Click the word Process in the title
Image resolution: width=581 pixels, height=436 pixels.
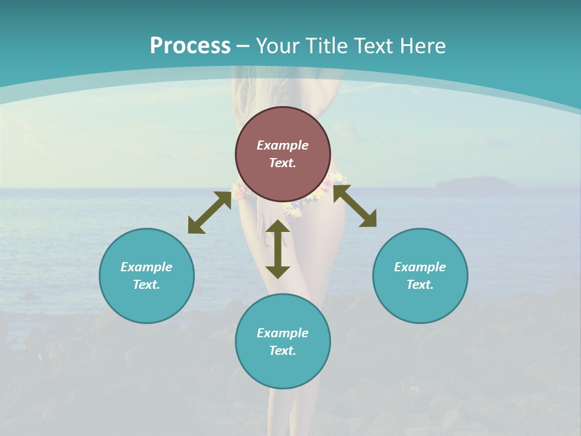click(190, 45)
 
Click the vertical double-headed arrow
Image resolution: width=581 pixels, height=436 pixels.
click(278, 249)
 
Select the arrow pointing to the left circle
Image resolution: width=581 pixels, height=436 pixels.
click(209, 213)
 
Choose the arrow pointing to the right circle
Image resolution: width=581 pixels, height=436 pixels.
click(355, 206)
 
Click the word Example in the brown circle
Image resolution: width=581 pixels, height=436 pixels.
click(283, 145)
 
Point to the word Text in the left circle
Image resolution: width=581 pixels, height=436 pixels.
click(146, 285)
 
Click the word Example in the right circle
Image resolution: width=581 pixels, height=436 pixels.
click(420, 267)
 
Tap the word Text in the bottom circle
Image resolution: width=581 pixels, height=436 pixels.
click(282, 351)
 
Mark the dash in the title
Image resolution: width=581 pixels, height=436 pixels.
click(243, 46)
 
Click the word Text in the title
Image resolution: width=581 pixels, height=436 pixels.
click(370, 45)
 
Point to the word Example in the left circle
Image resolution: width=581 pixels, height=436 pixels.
click(146, 267)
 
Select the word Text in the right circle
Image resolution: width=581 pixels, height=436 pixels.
click(419, 285)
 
